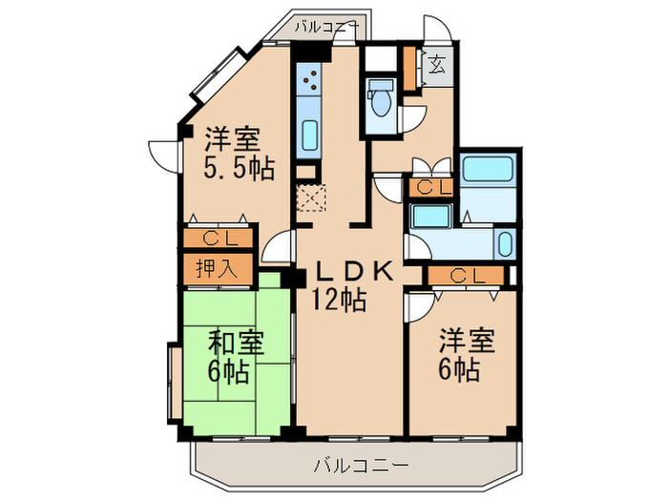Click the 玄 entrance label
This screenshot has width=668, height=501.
click(437, 66)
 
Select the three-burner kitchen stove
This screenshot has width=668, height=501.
click(309, 79)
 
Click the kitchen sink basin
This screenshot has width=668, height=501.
click(310, 135)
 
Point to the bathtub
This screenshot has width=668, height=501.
click(488, 169)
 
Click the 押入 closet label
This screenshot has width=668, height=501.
click(217, 269)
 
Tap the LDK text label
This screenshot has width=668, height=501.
click(353, 272)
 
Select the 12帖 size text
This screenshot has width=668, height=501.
click(339, 300)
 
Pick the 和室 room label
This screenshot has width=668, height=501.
click(236, 344)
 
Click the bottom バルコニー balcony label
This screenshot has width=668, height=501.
click(361, 465)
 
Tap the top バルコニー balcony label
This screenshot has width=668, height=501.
click(327, 28)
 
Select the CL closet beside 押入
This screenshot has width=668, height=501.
click(219, 239)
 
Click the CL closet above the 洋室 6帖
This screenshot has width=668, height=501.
click(467, 276)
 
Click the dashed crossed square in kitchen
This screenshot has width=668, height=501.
click(311, 198)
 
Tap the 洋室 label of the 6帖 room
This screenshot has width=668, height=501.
click(468, 341)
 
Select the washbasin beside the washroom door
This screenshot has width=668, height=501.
click(505, 243)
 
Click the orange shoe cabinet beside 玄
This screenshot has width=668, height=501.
click(409, 69)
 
